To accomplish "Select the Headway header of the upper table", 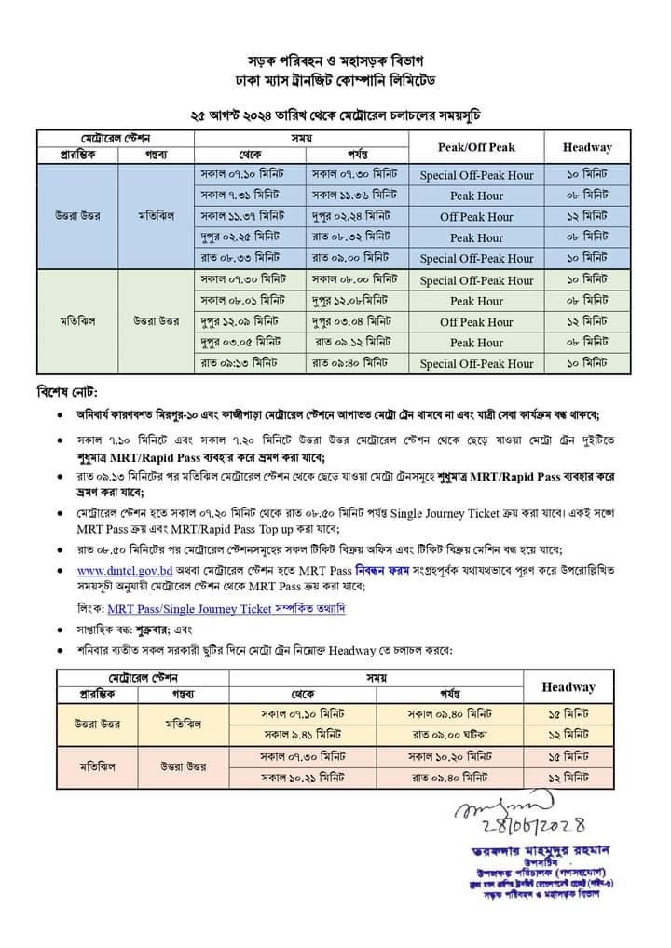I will click(587, 147).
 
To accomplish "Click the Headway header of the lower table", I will click(568, 686).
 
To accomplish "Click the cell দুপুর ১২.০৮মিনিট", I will click(349, 301).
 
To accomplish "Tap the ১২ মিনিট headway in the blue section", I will click(587, 217).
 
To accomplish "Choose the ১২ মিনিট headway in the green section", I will click(587, 322).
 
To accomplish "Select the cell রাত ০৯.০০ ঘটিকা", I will click(451, 734).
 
